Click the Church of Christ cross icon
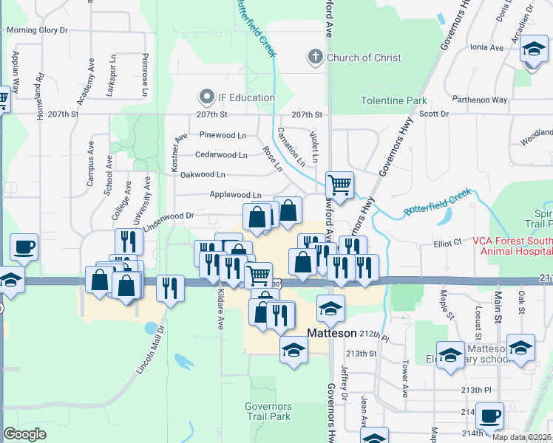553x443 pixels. coord(315,58)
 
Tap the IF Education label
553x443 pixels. coord(246,97)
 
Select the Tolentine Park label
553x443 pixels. coord(394,100)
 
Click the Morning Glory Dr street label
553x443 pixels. coord(37,31)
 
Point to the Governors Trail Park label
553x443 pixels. coord(268,411)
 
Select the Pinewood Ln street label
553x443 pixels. coord(223,136)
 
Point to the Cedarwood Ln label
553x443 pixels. coord(221,155)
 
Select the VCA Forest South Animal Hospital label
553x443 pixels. coord(516,245)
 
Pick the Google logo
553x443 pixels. coord(24,434)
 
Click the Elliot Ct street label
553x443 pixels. coord(447,241)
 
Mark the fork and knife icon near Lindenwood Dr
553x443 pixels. coord(129,241)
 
